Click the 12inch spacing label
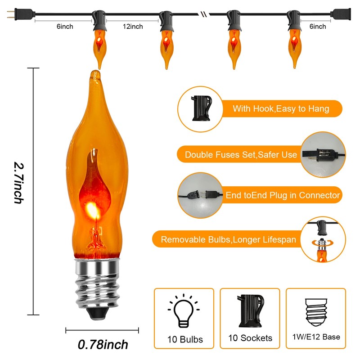(x=133, y=27)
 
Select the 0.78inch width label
(x=103, y=345)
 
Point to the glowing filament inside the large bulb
(x=94, y=210)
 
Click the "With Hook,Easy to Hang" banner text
(x=280, y=109)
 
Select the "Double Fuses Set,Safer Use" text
(x=241, y=155)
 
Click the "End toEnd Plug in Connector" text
(x=283, y=195)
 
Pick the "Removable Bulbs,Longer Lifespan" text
(x=228, y=240)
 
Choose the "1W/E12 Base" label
(x=316, y=337)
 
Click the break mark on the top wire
(x=204, y=14)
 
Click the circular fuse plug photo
(x=323, y=155)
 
